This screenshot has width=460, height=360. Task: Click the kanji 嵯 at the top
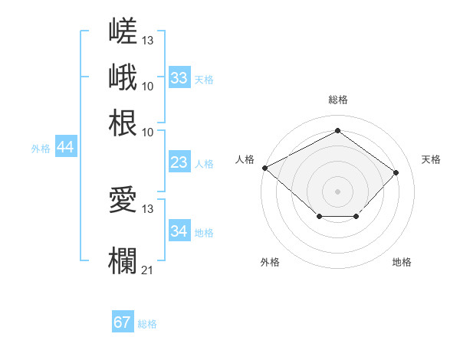coord(123,31)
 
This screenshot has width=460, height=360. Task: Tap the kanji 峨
coord(123,77)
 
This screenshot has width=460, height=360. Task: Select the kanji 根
coord(123,123)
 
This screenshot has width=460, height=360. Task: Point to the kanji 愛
coord(123,199)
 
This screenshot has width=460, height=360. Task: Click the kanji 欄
coord(123,260)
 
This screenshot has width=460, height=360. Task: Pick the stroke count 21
coord(147,270)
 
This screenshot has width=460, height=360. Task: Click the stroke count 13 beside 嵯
coord(147,41)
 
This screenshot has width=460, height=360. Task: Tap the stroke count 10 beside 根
coord(147,133)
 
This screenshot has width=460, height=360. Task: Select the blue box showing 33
coord(179,77)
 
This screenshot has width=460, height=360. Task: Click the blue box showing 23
coord(179,162)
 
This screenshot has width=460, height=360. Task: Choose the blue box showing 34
coord(179,230)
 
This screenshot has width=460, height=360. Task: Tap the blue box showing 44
coord(66,146)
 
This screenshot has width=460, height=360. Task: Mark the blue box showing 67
coord(123,321)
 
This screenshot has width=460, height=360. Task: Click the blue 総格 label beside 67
coord(147,324)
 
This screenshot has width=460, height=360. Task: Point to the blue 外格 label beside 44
coord(41,149)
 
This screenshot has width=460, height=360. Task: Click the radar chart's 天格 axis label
coord(431,159)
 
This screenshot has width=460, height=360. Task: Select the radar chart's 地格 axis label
coord(402,262)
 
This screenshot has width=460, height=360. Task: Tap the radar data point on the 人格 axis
coord(265,168)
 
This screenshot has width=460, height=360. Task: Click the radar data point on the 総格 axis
coord(337,130)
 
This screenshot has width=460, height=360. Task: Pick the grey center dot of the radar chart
coord(337,191)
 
